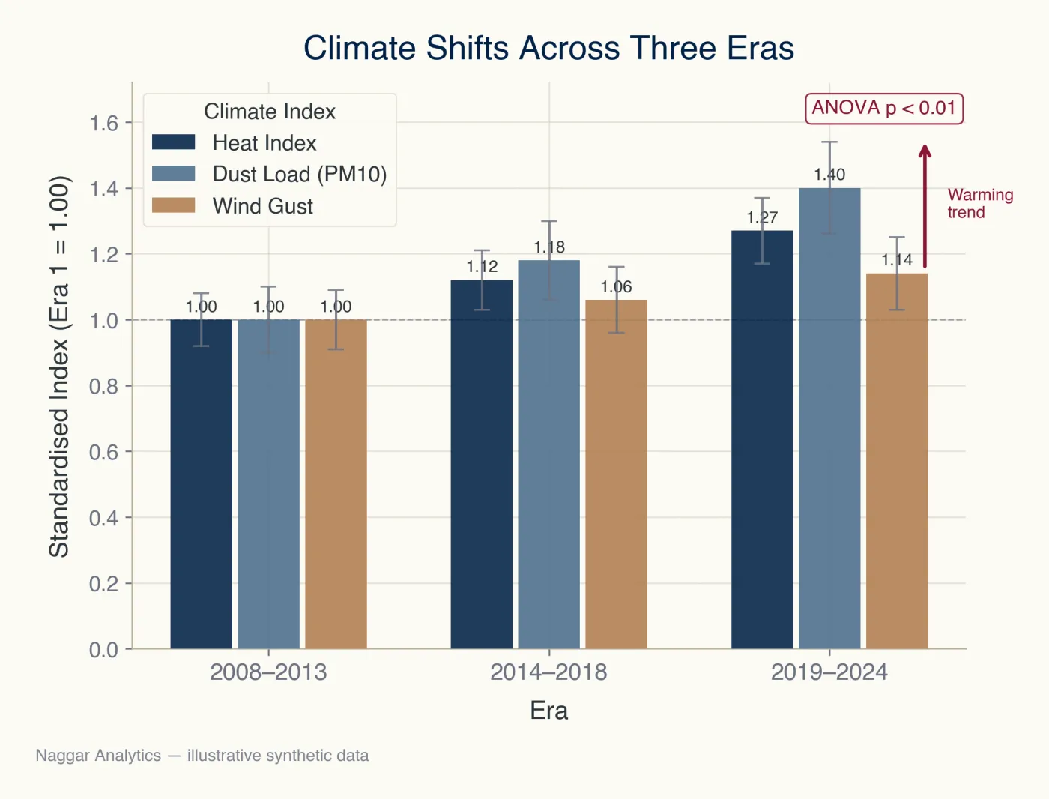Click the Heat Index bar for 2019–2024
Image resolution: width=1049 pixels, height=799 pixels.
(762, 440)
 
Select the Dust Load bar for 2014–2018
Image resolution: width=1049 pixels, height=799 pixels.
(548, 454)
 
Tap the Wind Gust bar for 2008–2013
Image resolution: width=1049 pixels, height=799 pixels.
(336, 484)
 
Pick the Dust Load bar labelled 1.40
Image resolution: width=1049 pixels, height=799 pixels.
(829, 419)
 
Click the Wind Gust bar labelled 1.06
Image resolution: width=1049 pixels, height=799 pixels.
(616, 474)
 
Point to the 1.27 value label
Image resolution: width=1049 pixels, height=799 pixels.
(762, 218)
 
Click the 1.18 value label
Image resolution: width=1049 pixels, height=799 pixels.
(549, 247)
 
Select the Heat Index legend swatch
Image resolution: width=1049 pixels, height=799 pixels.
(174, 142)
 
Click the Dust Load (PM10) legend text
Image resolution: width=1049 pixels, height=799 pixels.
(300, 175)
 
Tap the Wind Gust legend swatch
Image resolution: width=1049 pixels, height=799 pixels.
(174, 205)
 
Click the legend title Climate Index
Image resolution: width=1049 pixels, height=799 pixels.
(270, 112)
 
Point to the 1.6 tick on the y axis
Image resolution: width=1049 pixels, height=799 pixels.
(103, 123)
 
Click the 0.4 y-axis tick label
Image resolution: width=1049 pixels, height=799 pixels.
(103, 518)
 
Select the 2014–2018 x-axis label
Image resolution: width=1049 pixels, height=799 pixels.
(548, 672)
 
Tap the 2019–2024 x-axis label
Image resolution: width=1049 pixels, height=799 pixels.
(829, 672)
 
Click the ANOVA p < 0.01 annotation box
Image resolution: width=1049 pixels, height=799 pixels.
(884, 109)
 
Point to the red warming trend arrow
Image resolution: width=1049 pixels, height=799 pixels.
(925, 206)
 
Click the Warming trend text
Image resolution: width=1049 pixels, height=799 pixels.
(980, 204)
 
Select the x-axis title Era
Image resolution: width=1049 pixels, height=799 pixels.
(548, 711)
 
